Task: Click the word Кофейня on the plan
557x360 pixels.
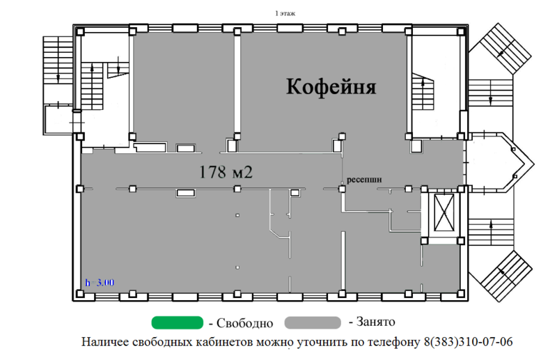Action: point(331,87)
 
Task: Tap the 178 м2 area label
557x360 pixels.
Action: point(226,172)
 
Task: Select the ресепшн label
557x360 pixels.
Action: point(364,180)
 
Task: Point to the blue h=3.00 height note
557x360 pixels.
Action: point(100,283)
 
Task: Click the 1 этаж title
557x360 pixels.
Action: point(285,13)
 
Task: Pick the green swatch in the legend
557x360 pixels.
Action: point(178,322)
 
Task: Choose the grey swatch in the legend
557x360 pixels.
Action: point(313,322)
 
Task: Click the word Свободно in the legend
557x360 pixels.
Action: point(245,323)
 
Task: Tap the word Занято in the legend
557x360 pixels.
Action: point(375,322)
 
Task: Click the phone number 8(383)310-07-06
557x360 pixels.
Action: point(468,342)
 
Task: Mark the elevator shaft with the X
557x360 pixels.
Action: point(444,212)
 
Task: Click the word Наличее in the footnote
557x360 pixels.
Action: point(105,342)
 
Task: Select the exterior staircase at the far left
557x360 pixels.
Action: point(58,60)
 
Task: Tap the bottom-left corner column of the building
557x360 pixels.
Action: point(80,294)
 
